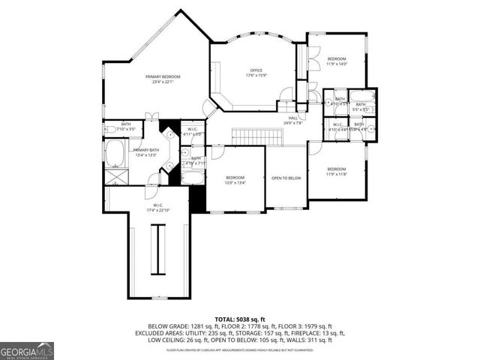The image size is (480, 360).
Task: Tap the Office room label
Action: point(256,73)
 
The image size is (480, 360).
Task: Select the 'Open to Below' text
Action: point(286,178)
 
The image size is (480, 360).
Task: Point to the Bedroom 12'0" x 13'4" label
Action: point(235,180)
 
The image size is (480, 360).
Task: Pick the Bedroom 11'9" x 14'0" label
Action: point(336,61)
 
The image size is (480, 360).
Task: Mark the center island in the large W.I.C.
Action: point(157,250)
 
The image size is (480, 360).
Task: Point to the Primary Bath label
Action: point(145,153)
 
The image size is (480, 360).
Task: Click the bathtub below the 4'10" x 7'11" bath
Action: point(193,176)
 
